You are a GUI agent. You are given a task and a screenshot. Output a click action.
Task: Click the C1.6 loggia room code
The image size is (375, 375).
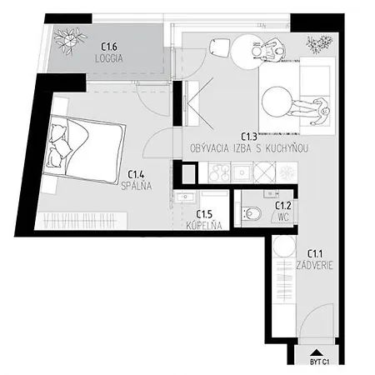click(109, 47)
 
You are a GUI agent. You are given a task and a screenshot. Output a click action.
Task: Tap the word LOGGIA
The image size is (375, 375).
click(109, 58)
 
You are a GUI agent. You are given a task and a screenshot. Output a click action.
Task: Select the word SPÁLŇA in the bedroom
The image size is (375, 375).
click(137, 186)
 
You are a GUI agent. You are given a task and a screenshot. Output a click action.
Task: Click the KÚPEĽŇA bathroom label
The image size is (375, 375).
click(204, 226)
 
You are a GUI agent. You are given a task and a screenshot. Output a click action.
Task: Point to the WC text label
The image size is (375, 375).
click(283, 217)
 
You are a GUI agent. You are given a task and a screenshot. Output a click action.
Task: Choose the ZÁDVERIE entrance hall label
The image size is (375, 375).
click(314, 265)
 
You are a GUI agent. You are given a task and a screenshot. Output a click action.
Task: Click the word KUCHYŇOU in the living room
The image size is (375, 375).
click(287, 148)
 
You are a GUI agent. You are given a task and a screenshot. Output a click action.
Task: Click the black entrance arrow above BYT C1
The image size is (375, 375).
click(316, 352)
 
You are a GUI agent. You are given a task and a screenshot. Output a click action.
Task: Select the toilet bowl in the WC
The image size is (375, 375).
click(252, 213)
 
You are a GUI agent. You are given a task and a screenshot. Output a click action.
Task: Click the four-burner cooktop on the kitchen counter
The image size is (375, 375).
click(219, 172)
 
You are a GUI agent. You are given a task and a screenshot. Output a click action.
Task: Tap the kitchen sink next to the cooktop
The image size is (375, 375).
click(242, 172)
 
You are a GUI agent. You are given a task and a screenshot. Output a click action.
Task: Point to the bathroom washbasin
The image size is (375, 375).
click(185, 197)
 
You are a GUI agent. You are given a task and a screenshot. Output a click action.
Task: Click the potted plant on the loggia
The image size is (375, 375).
click(69, 41)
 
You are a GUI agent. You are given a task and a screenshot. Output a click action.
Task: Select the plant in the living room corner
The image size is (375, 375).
click(319, 44)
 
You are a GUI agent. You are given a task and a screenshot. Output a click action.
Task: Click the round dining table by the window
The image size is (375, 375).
click(247, 52)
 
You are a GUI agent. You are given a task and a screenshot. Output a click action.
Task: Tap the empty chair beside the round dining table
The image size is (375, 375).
click(219, 47)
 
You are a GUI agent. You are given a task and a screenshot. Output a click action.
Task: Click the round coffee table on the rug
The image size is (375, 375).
click(277, 101)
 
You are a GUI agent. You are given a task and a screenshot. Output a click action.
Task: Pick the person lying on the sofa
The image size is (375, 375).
click(311, 111)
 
